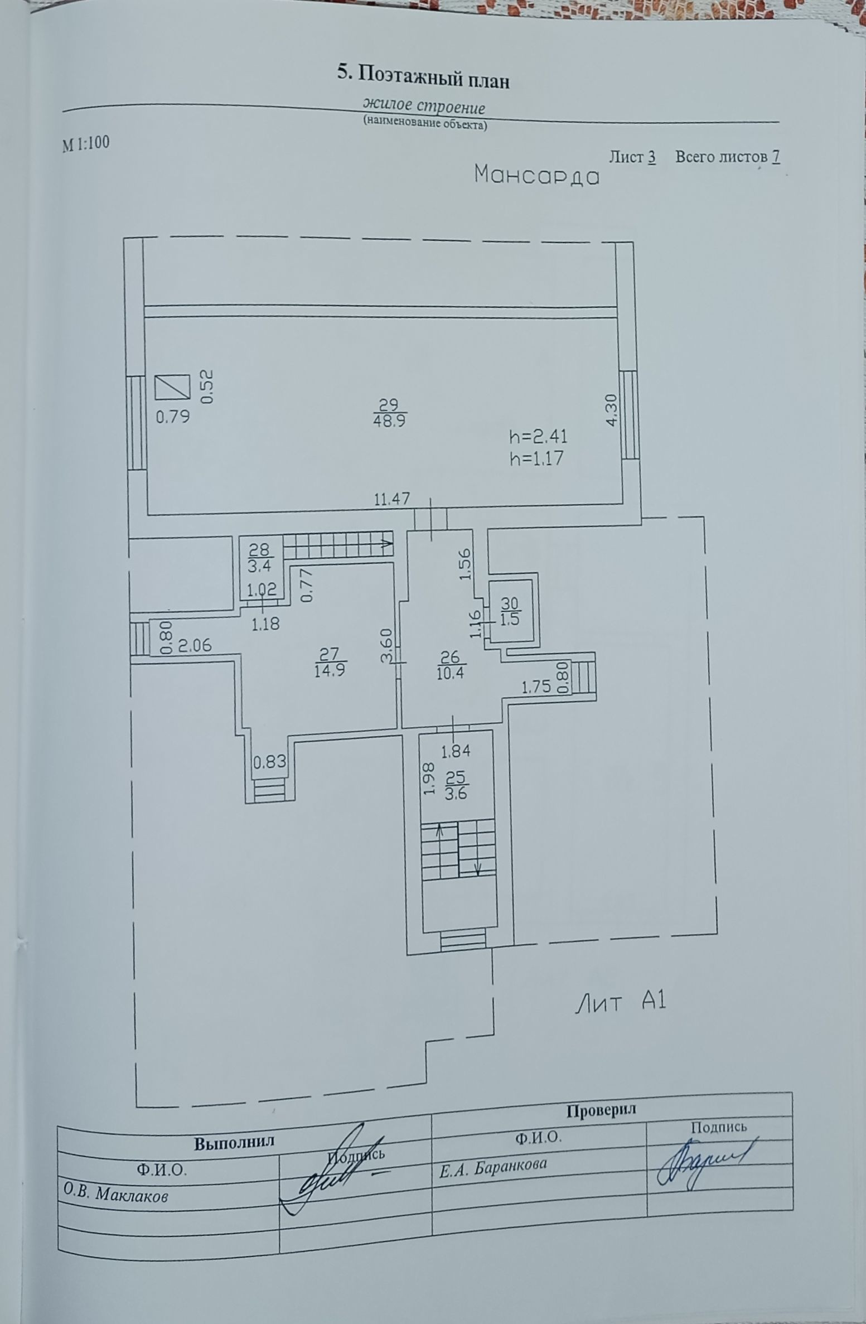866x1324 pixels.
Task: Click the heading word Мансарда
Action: tap(536, 176)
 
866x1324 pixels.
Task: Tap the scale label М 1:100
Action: tap(85, 144)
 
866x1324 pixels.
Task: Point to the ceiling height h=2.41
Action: tap(538, 436)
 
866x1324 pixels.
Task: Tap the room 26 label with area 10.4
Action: tap(450, 664)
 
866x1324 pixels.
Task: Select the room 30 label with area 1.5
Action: tap(509, 610)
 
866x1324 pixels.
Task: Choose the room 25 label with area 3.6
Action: tap(456, 783)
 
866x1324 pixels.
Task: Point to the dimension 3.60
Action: tap(388, 646)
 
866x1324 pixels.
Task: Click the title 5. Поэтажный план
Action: tap(423, 78)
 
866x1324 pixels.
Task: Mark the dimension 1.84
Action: tap(456, 751)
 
